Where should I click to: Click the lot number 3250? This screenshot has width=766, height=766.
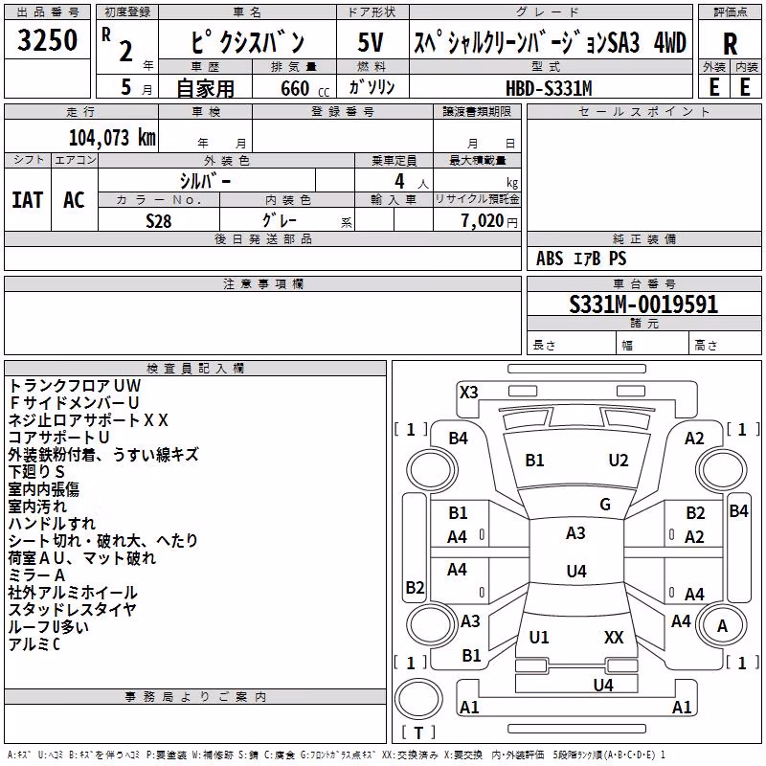pyautogui.click(x=47, y=40)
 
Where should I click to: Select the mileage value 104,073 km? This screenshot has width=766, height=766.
pyautogui.click(x=112, y=138)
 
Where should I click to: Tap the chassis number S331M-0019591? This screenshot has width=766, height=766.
pyautogui.click(x=643, y=304)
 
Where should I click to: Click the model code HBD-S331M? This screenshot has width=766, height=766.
pyautogui.click(x=549, y=88)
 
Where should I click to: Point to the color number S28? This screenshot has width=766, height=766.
pyautogui.click(x=159, y=221)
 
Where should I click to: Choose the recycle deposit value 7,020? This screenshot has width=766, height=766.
pyautogui.click(x=482, y=220)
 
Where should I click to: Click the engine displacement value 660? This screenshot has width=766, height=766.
pyautogui.click(x=295, y=88)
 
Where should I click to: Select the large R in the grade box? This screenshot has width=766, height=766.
pyautogui.click(x=730, y=44)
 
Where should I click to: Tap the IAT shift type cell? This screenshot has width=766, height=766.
pyautogui.click(x=28, y=200)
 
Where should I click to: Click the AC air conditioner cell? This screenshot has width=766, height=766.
pyautogui.click(x=75, y=200)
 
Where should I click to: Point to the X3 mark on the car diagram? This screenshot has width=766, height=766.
pyautogui.click(x=468, y=393)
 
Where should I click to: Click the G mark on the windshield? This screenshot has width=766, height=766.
pyautogui.click(x=605, y=505)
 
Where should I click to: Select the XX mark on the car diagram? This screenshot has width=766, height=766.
pyautogui.click(x=614, y=637)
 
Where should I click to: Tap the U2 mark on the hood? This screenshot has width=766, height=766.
pyautogui.click(x=619, y=461)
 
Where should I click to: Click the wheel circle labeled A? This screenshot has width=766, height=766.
pyautogui.click(x=722, y=625)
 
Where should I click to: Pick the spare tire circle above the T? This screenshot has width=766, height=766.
pyautogui.click(x=418, y=699)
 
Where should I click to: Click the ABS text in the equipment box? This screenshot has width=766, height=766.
pyautogui.click(x=550, y=259)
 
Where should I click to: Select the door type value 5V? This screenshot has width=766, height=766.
pyautogui.click(x=371, y=42)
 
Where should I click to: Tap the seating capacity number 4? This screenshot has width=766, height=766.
pyautogui.click(x=399, y=181)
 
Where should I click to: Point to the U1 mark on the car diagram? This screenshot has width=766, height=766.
pyautogui.click(x=539, y=637)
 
